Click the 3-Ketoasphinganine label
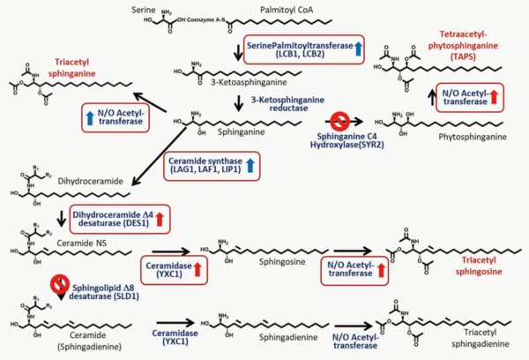(x=237, y=85)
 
